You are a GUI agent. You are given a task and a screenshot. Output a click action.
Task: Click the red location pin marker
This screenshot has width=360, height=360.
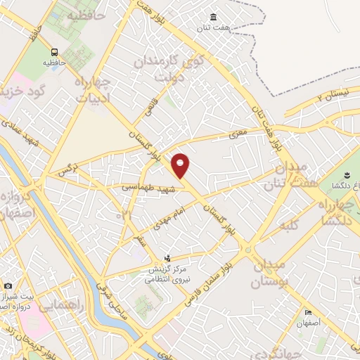point(181,166)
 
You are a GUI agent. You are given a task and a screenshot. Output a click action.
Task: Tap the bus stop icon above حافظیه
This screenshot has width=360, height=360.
point(54,52)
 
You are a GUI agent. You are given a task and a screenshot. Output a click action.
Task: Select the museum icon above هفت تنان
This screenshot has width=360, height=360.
point(214,18)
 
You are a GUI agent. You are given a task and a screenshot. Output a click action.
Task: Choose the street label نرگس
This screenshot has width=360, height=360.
point(67,169)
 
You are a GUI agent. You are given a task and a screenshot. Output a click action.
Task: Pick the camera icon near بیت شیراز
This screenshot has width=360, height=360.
point(8,285)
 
